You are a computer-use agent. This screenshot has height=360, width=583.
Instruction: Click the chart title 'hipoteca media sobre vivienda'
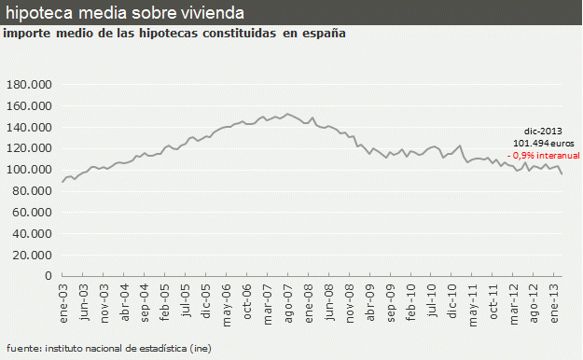click(x=126, y=13)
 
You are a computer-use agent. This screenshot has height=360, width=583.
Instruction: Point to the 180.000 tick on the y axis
click(x=33, y=84)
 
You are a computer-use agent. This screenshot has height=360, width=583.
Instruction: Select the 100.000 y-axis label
click(x=33, y=169)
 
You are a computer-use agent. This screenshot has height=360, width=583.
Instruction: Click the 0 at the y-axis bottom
click(x=51, y=276)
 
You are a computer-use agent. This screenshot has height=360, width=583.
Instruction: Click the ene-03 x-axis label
click(x=64, y=300)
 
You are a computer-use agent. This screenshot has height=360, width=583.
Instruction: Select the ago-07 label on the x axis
click(x=288, y=300)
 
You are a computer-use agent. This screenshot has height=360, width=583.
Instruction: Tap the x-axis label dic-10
click(x=451, y=300)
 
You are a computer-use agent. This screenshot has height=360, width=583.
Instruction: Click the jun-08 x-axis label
click(x=328, y=300)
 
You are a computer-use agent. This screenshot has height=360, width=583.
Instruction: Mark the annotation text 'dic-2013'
click(x=543, y=132)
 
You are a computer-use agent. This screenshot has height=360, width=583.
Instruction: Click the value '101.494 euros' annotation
click(x=538, y=143)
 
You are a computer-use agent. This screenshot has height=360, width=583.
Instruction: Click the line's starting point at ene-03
click(x=62, y=182)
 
